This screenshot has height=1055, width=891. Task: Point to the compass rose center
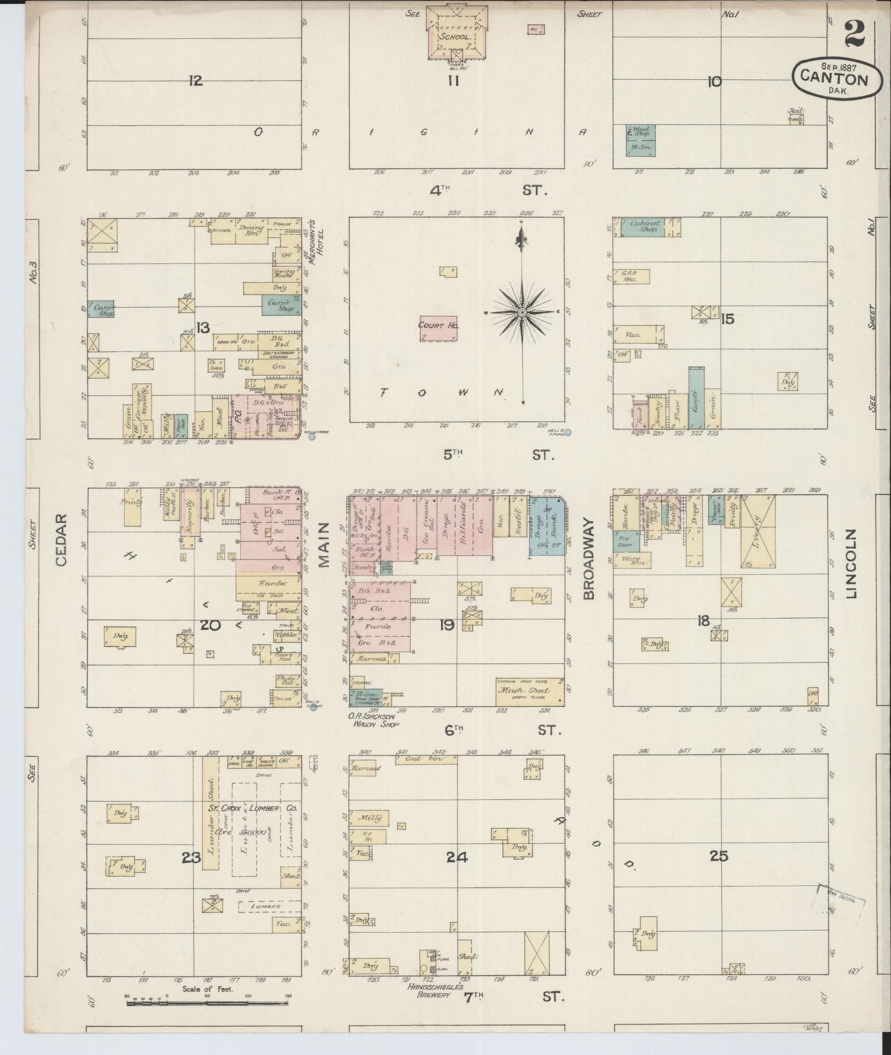click(x=522, y=312)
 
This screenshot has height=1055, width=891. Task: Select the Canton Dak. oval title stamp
click(x=837, y=80)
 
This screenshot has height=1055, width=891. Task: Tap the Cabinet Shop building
click(x=644, y=228)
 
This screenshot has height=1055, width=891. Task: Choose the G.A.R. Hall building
click(x=632, y=276)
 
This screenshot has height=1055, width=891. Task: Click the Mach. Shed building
click(x=530, y=690)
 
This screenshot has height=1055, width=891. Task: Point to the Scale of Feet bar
click(x=207, y=1004)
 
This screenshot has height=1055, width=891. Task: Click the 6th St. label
click(x=495, y=730)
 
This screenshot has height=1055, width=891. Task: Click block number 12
click(x=195, y=81)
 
